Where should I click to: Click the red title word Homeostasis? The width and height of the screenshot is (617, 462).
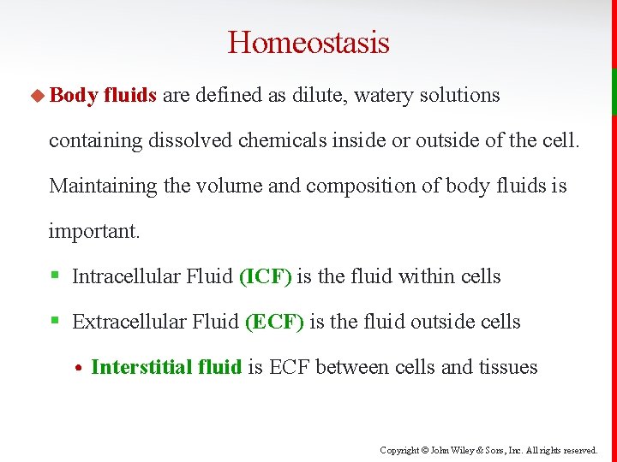point(308,42)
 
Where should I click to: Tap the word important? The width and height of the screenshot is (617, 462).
point(92,231)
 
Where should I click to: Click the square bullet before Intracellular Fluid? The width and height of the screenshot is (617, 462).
point(53,275)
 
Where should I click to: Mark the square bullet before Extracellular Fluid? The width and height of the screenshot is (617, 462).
point(53,322)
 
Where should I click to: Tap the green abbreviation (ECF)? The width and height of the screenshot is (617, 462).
point(274,322)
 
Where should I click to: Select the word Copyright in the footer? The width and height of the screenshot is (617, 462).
point(399,450)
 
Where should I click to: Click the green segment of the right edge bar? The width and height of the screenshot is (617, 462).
point(614,92)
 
